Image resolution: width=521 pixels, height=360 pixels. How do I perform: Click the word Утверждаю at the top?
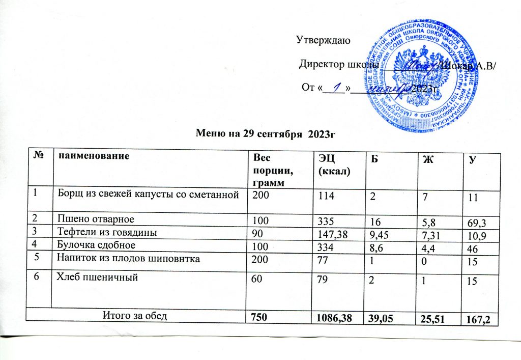click(x=323, y=40)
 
